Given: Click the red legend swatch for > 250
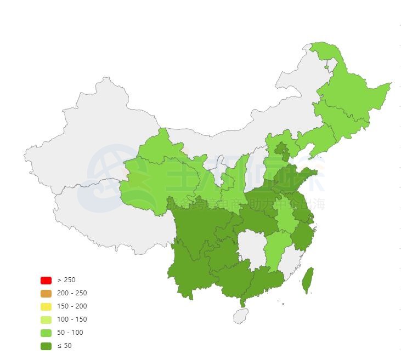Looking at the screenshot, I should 46,280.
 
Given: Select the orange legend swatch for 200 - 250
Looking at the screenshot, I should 46,293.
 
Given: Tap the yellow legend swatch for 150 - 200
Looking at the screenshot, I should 46,306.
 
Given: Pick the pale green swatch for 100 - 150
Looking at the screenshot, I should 46,319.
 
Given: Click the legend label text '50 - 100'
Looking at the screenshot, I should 70,333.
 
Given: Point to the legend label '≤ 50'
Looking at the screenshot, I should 64,346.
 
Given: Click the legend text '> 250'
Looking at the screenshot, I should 66,280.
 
